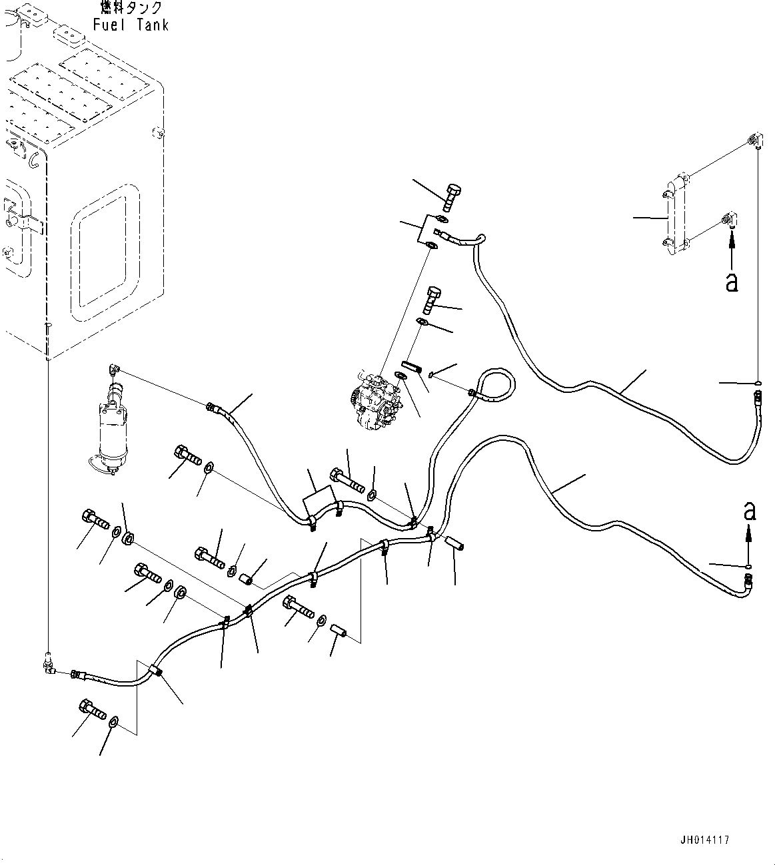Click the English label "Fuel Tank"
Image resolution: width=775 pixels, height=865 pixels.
[x=131, y=25]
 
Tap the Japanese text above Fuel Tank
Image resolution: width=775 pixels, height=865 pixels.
[x=131, y=8]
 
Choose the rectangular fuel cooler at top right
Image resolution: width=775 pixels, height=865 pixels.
[x=676, y=213]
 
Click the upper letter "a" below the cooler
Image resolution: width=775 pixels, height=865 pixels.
[x=732, y=282]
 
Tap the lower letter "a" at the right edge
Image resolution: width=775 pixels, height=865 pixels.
[x=750, y=511]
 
